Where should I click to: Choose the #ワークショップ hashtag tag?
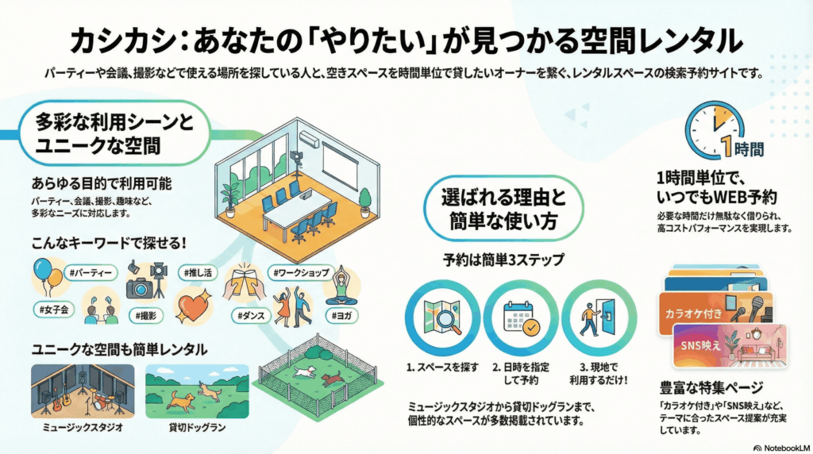301,273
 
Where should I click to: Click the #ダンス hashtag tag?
251,317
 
